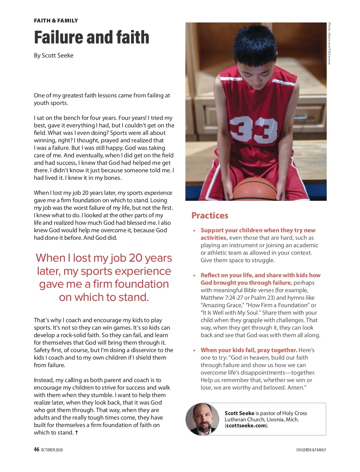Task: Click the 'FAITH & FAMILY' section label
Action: tap(56, 21)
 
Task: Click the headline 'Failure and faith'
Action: tap(91, 37)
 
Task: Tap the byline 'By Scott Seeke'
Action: tap(53, 55)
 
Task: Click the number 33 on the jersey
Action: tap(253, 129)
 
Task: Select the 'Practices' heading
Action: tap(210, 215)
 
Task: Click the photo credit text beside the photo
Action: tap(329, 43)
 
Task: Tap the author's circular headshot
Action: tap(202, 419)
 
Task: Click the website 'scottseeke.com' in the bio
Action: tap(246, 426)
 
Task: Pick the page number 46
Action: tap(37, 449)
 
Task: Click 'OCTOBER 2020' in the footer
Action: tap(52, 450)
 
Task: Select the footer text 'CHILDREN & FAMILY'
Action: tap(311, 450)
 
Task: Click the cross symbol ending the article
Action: tap(76, 432)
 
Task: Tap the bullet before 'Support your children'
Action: tap(194, 231)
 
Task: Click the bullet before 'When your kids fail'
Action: tap(194, 351)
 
